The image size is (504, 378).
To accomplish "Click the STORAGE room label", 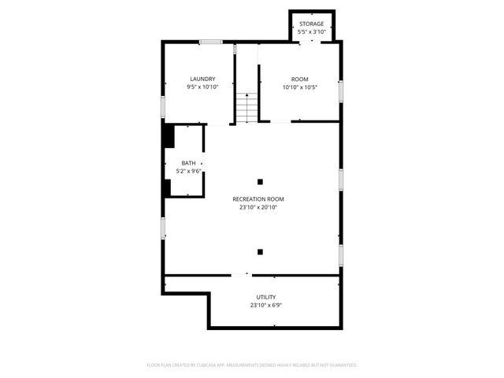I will coord(311,24).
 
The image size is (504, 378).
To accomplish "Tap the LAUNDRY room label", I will coord(202,79).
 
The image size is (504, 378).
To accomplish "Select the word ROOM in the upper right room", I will coord(299,79).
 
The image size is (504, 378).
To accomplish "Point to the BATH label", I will coord(189,163).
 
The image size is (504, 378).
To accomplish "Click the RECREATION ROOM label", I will coord(258,199).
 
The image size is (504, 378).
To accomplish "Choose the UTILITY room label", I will coord(265,297).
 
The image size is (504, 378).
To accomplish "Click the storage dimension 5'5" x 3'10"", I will coord(311,31).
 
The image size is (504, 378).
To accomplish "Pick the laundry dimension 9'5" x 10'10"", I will coord(202,87).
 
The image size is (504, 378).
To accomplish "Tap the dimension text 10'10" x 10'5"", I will coord(299,87).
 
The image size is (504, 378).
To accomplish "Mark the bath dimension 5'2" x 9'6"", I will coord(189,171).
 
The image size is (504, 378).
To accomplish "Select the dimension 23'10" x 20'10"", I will coord(258,207).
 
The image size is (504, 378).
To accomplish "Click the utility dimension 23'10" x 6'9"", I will coord(265,305).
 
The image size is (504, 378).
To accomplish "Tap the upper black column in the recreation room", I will coord(260,182).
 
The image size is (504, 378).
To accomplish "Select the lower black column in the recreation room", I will coord(260,252).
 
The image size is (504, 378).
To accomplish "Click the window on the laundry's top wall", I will coord(210,42).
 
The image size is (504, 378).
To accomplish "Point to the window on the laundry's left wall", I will coord(163,106).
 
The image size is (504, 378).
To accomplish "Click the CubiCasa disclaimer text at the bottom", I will coord(252,365).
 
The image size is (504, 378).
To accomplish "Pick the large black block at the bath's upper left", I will coord(168,135).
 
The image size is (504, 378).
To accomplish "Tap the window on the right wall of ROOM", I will coord(340,91).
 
